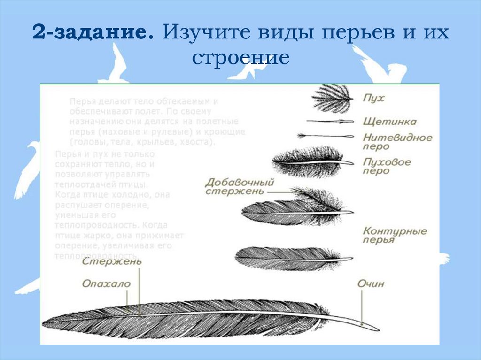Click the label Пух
click(x=373, y=99)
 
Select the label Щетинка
click(x=389, y=122)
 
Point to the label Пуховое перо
click(x=387, y=166)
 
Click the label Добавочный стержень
click(x=240, y=186)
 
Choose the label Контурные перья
click(x=395, y=235)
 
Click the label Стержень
click(x=112, y=262)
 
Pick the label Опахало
click(x=106, y=283)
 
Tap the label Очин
click(x=371, y=283)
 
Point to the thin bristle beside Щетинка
click(x=329, y=122)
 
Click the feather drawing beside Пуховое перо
click(x=310, y=162)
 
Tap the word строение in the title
click(x=240, y=58)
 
